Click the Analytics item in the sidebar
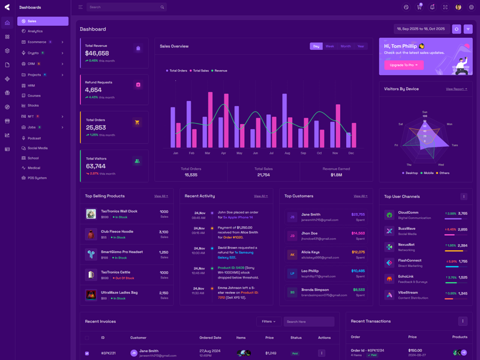click(35, 31)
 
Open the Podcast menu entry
click(34, 138)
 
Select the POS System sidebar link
click(37, 178)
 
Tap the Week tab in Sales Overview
click(330, 46)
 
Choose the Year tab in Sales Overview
click(361, 46)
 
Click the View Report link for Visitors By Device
click(456, 89)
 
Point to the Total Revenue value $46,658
click(97, 53)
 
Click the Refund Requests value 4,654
click(94, 90)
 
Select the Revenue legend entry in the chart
click(220, 71)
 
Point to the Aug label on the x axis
click(287, 153)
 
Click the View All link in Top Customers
click(360, 196)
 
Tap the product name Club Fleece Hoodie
click(118, 232)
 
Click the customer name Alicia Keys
click(311, 252)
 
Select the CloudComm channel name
click(408, 212)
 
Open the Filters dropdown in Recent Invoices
click(269, 322)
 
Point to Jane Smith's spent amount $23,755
click(358, 214)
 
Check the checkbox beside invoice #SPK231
click(87, 353)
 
